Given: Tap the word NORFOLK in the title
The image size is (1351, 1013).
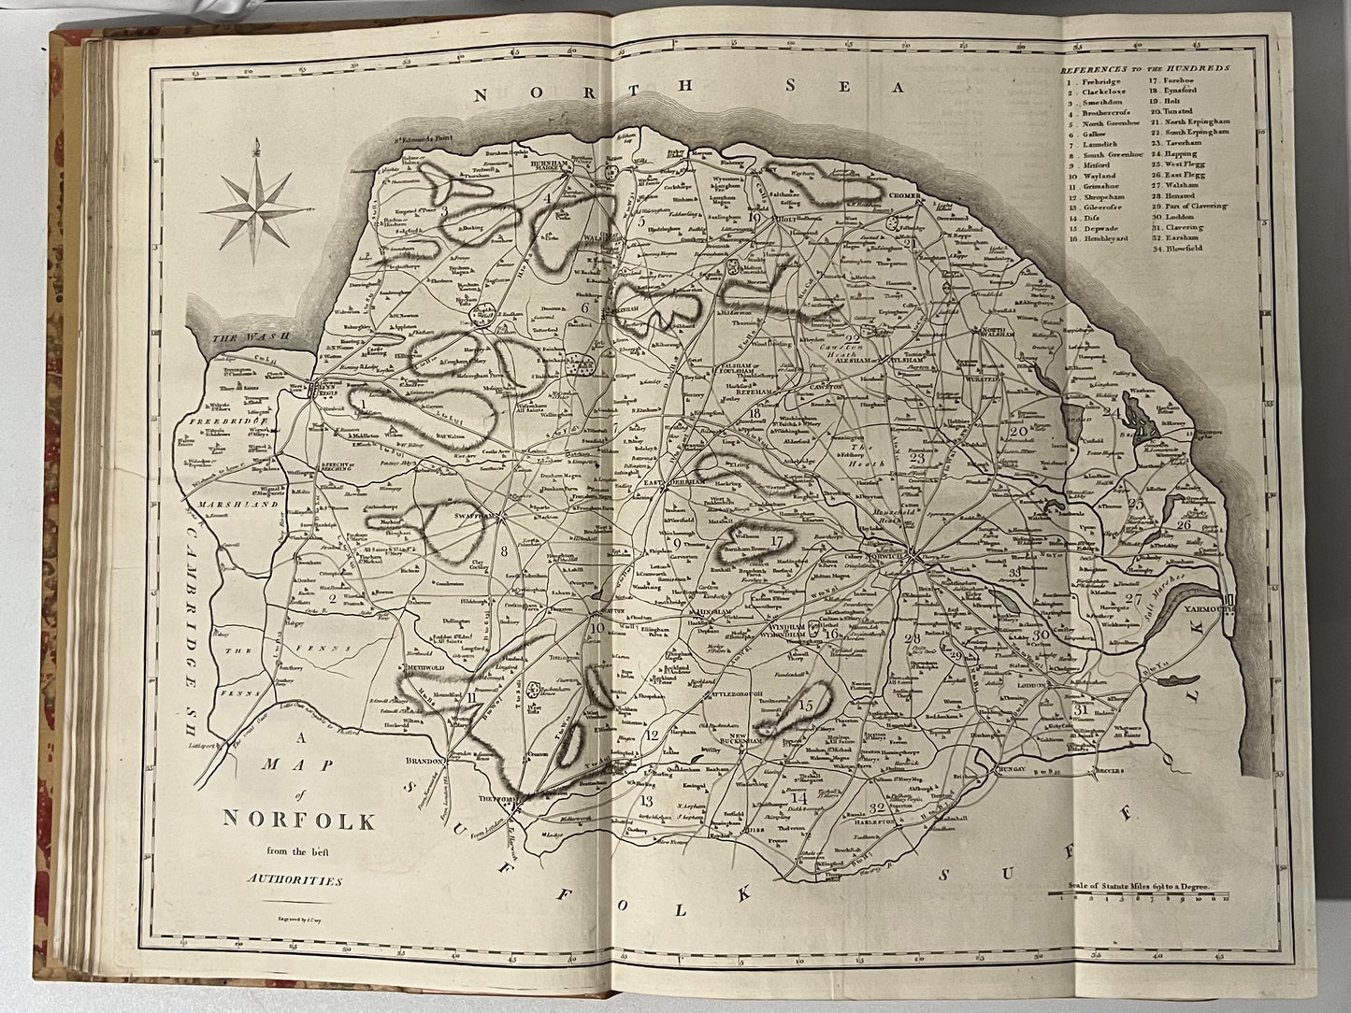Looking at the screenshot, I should coord(298,821).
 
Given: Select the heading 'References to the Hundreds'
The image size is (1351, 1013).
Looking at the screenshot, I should coord(1144,69).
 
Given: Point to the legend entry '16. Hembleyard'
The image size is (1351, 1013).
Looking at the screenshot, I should coord(1099,238).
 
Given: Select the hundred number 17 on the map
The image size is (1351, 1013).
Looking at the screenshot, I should coord(776,541).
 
